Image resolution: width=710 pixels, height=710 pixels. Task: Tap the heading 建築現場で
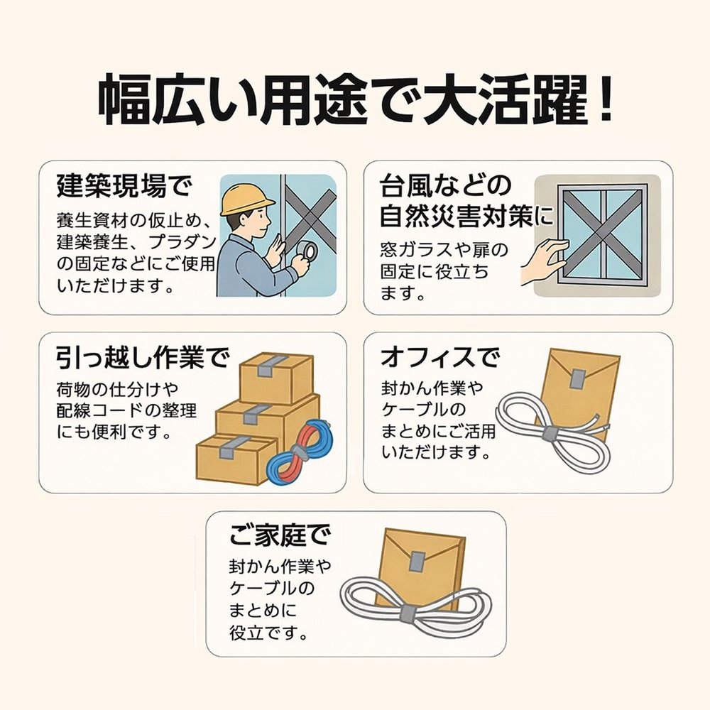pos(124,187)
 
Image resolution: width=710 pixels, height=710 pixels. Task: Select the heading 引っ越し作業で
pos(143,359)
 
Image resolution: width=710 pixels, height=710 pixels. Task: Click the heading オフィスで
pos(439,357)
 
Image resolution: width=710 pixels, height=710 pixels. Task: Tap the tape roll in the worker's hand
pos(307,251)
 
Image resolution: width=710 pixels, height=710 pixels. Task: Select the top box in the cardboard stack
pos(276,377)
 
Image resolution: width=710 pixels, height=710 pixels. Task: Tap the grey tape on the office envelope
pos(577,379)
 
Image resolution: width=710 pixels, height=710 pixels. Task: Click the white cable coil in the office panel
pos(547,433)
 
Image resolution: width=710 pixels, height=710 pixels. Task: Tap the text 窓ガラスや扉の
pos(444,251)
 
